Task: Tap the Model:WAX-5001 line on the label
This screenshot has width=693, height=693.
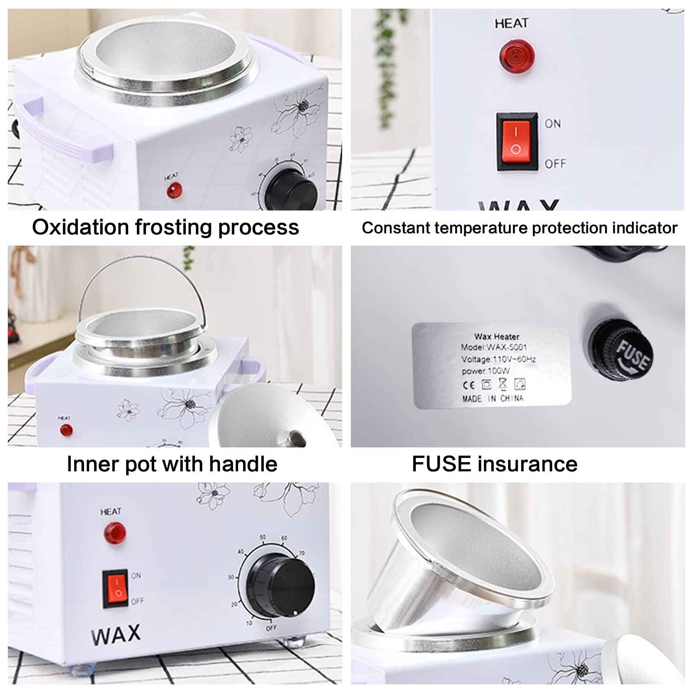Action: tap(493, 347)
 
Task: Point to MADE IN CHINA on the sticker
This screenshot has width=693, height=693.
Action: tap(492, 398)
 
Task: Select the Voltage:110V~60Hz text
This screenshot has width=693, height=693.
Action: tap(498, 359)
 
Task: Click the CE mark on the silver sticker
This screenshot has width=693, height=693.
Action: tap(469, 385)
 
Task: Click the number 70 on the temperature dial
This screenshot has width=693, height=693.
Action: tap(301, 554)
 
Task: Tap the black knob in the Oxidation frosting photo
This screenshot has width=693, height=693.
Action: tap(291, 191)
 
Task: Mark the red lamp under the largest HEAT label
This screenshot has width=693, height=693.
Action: tap(516, 56)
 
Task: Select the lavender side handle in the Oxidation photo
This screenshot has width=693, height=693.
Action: tap(65, 134)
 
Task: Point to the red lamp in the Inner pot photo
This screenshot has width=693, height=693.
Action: tap(66, 430)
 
